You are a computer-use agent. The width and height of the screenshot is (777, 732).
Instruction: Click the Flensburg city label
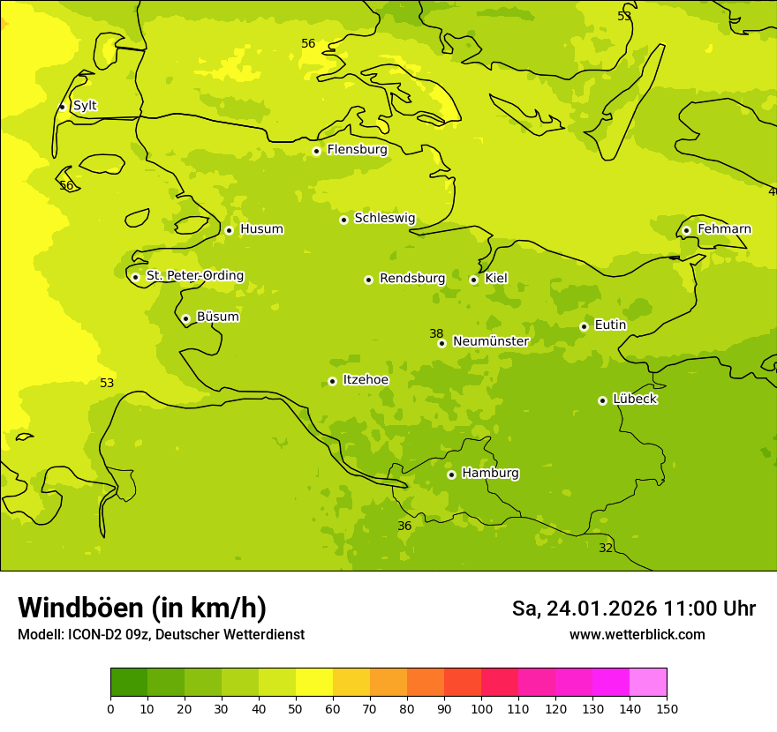point(357,150)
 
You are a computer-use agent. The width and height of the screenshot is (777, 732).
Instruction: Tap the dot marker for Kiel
point(474,280)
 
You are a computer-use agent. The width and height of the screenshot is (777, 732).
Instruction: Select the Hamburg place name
point(490,474)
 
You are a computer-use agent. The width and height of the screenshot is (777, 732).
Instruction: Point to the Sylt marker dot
point(62,107)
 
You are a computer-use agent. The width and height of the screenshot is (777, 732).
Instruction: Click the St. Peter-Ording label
point(194,276)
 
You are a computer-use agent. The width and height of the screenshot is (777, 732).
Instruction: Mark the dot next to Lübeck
point(602,400)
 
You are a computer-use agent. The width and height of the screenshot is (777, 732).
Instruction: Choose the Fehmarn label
point(724,229)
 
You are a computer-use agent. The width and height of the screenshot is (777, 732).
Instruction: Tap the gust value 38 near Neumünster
point(436,333)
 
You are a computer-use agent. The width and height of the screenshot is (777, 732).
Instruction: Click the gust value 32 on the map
point(606,548)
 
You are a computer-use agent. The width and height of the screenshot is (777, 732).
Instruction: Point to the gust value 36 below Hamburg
point(404,526)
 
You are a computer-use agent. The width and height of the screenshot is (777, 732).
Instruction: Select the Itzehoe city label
point(366,380)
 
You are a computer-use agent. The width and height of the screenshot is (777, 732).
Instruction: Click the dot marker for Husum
point(229,230)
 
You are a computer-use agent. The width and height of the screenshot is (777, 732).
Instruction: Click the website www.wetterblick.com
point(637,634)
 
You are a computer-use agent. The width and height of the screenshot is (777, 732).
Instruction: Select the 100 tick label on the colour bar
point(481,708)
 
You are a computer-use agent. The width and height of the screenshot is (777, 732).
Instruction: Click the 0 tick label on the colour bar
point(110,708)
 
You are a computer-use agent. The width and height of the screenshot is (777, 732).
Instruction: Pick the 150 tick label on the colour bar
point(667,708)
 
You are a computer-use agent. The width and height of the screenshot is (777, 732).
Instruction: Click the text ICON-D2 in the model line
point(91,634)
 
